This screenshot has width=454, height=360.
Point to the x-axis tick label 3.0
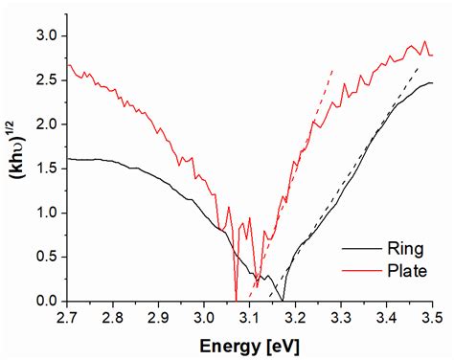pos(204,316)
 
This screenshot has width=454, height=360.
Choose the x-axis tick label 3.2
pos(295,316)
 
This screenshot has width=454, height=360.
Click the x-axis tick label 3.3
pos(341,316)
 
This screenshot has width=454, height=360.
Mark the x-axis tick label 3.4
pos(386,316)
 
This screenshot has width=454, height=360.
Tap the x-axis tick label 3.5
pos(431,316)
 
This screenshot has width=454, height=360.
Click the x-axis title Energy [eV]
pos(249,342)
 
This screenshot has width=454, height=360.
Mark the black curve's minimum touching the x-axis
pos(284,301)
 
